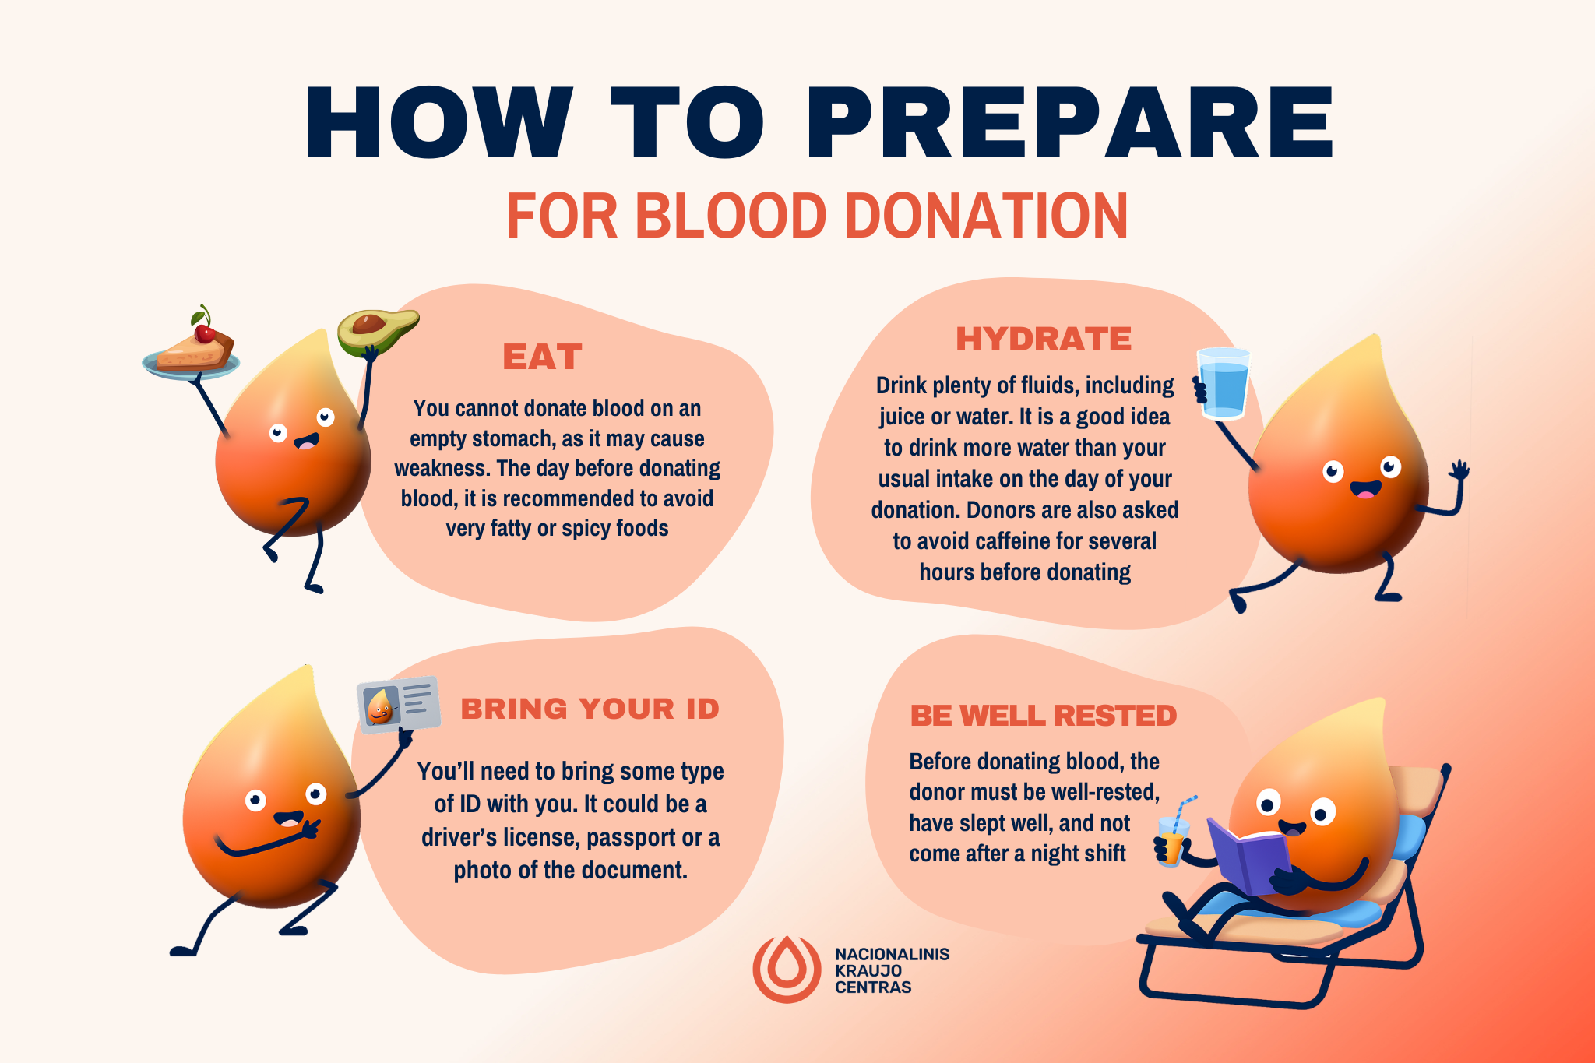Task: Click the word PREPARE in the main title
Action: pyautogui.click(x=1070, y=123)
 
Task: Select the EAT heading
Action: pyautogui.click(x=542, y=357)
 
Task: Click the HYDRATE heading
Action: pyautogui.click(x=1044, y=340)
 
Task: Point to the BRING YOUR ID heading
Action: pyautogui.click(x=590, y=709)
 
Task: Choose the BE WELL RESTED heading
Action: pyautogui.click(x=1044, y=716)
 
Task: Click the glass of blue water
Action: pyautogui.click(x=1224, y=383)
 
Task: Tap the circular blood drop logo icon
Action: pyautogui.click(x=787, y=969)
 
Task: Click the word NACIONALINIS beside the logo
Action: pyautogui.click(x=893, y=954)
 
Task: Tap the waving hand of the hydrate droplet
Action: pyautogui.click(x=1459, y=470)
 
